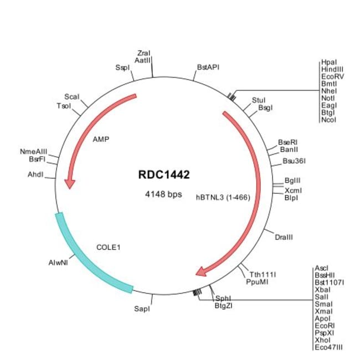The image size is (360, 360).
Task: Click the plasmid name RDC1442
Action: click(x=164, y=174)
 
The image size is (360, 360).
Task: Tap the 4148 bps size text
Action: click(x=163, y=194)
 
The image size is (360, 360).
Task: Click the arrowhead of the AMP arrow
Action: click(x=70, y=184)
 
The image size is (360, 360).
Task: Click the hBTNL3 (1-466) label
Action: click(x=223, y=197)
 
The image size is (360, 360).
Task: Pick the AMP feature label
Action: click(x=101, y=139)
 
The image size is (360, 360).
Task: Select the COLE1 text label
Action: click(x=109, y=247)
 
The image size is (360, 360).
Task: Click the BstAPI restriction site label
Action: click(x=208, y=67)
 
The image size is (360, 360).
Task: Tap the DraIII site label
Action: click(x=284, y=237)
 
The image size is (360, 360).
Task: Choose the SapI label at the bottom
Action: click(x=142, y=309)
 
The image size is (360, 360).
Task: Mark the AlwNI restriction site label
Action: click(x=58, y=263)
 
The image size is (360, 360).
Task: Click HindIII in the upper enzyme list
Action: click(x=332, y=69)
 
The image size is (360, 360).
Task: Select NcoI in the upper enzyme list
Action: click(x=328, y=120)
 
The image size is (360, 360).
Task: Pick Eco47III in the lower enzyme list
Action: click(x=328, y=347)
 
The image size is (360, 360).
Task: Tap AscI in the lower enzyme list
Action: click(x=322, y=268)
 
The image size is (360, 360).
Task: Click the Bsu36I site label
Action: click(x=294, y=161)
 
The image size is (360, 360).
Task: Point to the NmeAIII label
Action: click(x=34, y=152)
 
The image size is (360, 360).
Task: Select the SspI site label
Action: click(x=122, y=68)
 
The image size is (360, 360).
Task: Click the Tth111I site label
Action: click(x=263, y=274)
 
